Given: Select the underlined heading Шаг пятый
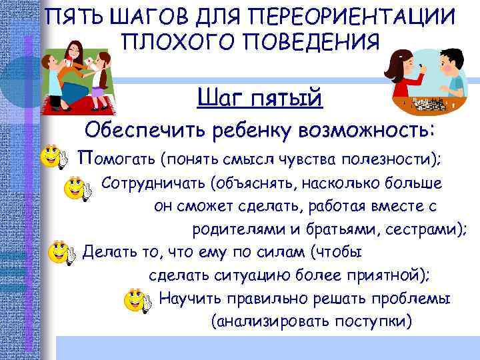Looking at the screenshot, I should [x=260, y=98].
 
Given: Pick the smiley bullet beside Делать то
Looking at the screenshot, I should [x=63, y=253].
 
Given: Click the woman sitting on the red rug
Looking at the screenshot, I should [x=80, y=67].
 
